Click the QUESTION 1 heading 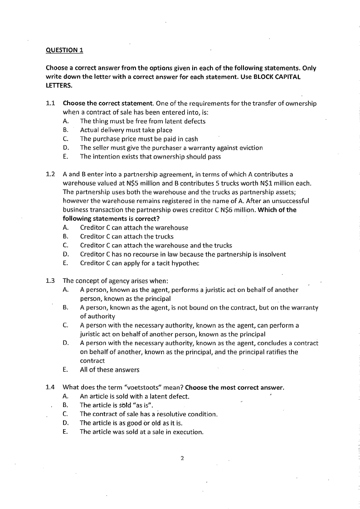pos(64,50)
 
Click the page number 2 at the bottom pos(181,458)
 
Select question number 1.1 pos(51,104)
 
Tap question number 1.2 pos(51,174)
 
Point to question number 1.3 pos(51,281)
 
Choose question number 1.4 pos(51,388)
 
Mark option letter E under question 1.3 pos(65,370)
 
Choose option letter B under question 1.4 pos(65,405)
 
